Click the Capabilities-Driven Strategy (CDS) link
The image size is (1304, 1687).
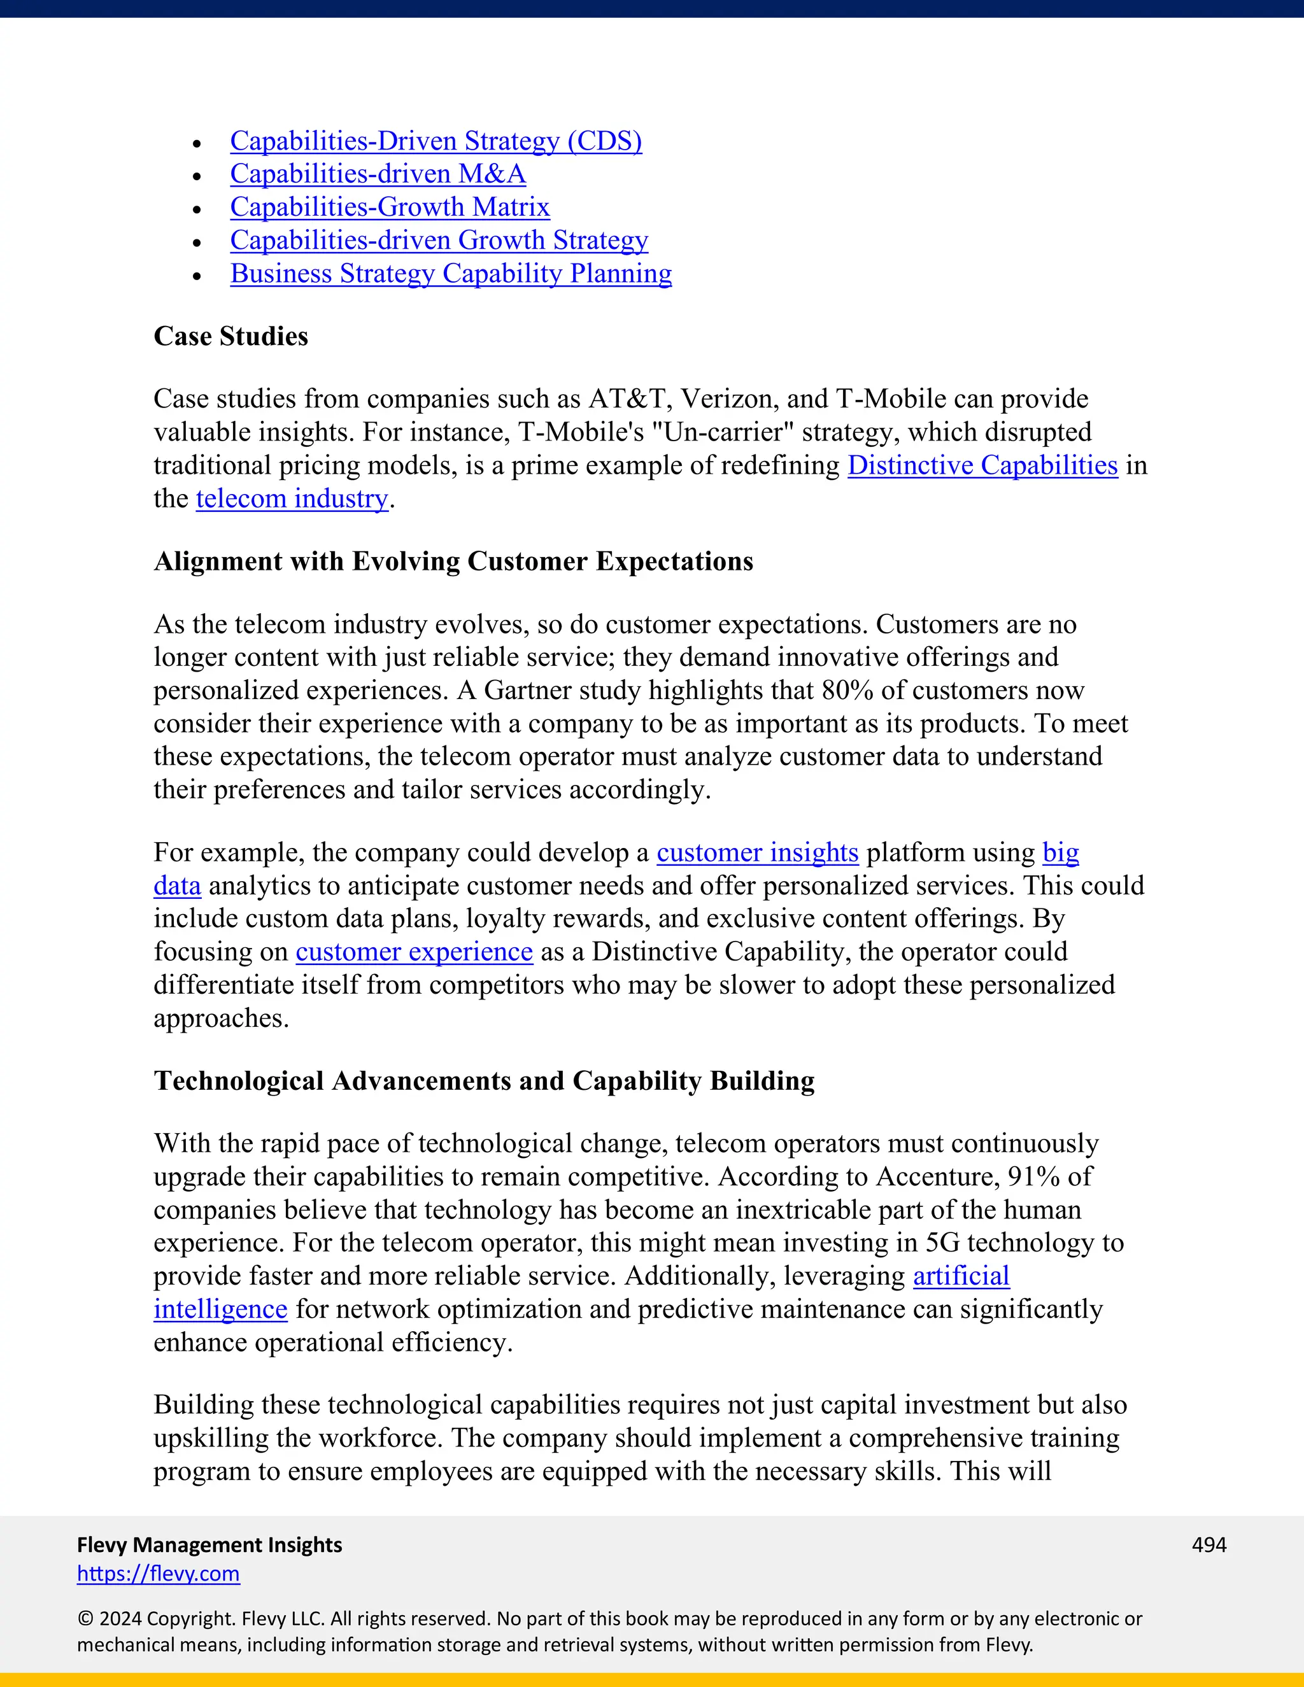click(x=436, y=141)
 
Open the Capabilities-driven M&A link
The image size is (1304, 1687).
click(x=378, y=174)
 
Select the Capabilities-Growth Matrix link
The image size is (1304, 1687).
click(x=389, y=208)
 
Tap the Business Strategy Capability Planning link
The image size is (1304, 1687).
click(x=450, y=274)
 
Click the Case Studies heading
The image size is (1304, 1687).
click(x=230, y=337)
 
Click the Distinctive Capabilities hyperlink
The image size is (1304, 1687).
click(x=982, y=466)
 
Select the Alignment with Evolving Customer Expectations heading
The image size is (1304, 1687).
click(x=453, y=561)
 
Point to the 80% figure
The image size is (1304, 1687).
click(x=847, y=691)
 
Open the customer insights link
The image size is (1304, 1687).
click(x=757, y=853)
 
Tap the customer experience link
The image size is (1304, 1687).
click(x=414, y=952)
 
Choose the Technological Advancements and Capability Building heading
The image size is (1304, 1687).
click(x=484, y=1082)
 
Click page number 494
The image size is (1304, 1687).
click(x=1208, y=1545)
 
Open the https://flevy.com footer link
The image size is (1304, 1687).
click(x=159, y=1574)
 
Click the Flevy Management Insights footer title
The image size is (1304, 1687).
click(x=209, y=1545)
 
